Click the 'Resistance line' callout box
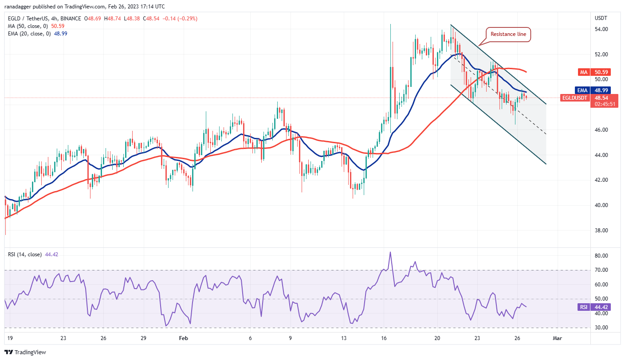point(510,34)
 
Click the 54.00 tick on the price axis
point(601,29)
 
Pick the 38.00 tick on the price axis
point(601,231)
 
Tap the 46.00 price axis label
point(601,130)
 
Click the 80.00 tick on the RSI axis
point(601,256)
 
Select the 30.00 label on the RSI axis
point(601,328)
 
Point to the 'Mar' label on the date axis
point(558,338)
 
